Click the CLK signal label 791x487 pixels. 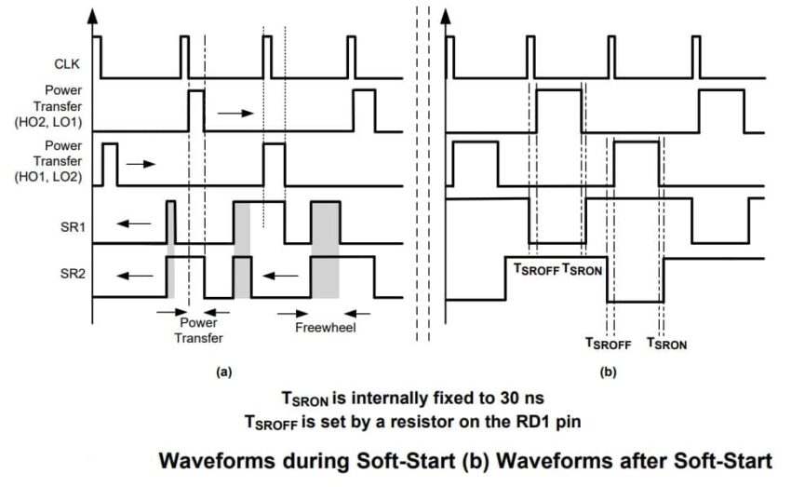pos(67,64)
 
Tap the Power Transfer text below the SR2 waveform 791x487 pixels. pos(198,331)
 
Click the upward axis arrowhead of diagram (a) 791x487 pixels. pos(93,15)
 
